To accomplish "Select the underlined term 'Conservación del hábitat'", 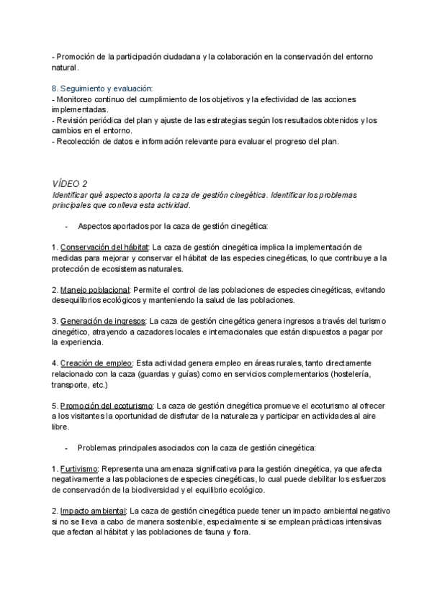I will [104, 247].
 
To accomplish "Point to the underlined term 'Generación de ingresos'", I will [103, 320].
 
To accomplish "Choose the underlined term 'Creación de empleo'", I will [95, 363].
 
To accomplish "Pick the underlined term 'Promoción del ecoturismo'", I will [105, 405].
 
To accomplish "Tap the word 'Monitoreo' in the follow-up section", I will [76, 99].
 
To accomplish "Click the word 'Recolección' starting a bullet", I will [79, 141].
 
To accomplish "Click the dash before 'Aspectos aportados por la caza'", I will [66, 226].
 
